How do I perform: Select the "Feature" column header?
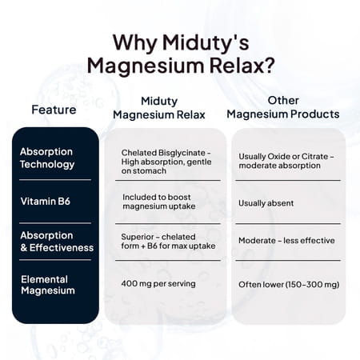pyautogui.click(x=54, y=109)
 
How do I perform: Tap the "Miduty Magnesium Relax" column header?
pyautogui.click(x=158, y=107)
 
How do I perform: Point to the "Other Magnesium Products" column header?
pyautogui.click(x=282, y=107)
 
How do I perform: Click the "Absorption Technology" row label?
pyautogui.click(x=46, y=158)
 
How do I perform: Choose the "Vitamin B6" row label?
pyautogui.click(x=45, y=201)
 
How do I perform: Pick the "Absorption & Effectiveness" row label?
pyautogui.click(x=56, y=241)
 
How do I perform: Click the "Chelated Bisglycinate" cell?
pyautogui.click(x=166, y=160)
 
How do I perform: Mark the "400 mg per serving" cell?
pyautogui.click(x=158, y=284)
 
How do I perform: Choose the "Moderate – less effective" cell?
pyautogui.click(x=286, y=241)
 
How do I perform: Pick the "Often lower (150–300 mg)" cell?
pyautogui.click(x=288, y=284)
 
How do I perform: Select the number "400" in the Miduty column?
pyautogui.click(x=130, y=284)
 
